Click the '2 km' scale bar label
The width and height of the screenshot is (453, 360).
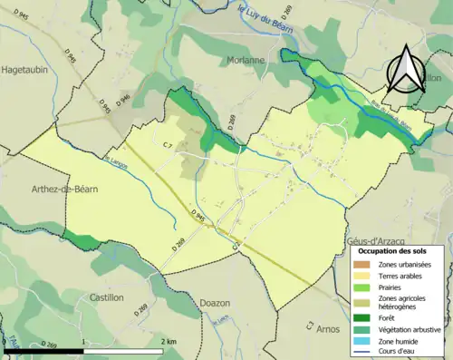[169, 341]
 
